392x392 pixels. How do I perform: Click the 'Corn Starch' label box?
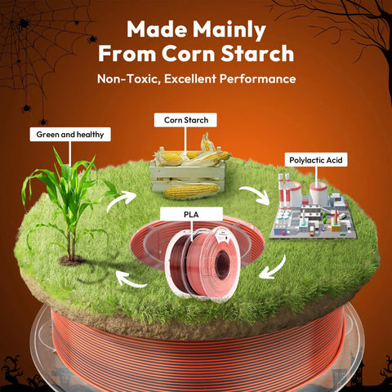pyautogui.click(x=185, y=120)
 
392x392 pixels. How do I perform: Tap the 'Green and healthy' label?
pyautogui.click(x=70, y=135)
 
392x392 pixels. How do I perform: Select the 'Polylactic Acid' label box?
pyautogui.click(x=316, y=160)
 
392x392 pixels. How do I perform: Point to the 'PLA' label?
pyautogui.click(x=191, y=214)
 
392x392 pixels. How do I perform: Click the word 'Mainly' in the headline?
pyautogui.click(x=229, y=30)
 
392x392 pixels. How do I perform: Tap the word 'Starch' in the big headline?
pyautogui.click(x=257, y=53)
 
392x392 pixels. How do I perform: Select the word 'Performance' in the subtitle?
pyautogui.click(x=257, y=79)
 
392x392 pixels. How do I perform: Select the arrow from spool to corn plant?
pyautogui.click(x=130, y=280)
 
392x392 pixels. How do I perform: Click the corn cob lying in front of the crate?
pyautogui.click(x=191, y=190)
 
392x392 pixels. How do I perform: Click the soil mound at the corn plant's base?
pyautogui.click(x=71, y=261)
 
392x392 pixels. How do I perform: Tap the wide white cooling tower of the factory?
pyautogui.click(x=318, y=192)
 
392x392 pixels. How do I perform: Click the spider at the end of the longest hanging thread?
pyautogui.click(x=43, y=122)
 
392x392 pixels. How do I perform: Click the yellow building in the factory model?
pyautogui.click(x=336, y=225)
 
